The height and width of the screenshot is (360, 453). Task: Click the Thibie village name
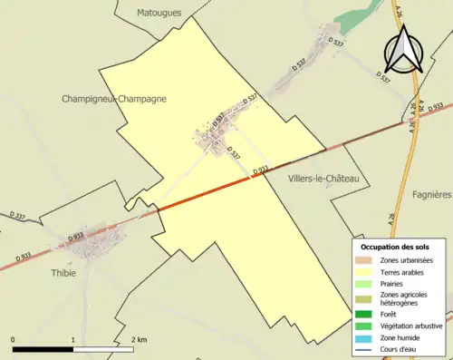(x=64, y=272)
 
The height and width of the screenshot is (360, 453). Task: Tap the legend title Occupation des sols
(x=395, y=247)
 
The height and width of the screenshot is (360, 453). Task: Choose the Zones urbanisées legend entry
(x=406, y=260)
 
